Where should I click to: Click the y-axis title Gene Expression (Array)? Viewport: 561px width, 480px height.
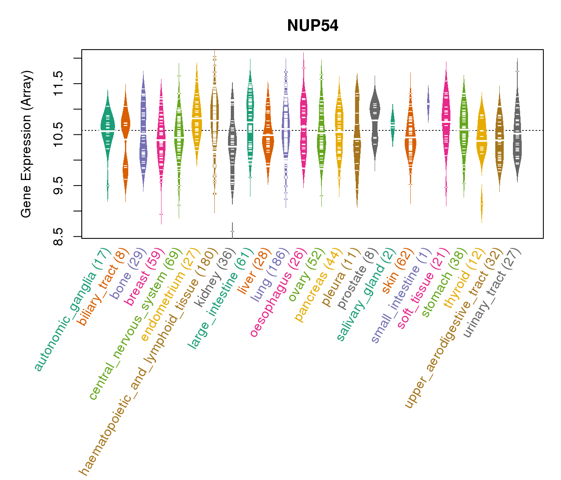coord(26,144)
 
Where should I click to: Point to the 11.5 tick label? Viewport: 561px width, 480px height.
coord(59,84)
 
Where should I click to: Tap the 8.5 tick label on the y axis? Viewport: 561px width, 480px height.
coord(59,237)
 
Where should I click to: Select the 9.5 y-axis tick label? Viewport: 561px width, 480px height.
coord(59,186)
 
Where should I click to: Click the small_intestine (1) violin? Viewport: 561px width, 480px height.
coord(428,103)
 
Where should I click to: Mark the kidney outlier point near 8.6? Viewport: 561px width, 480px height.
coord(232,232)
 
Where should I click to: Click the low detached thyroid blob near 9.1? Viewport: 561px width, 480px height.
coord(482,204)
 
